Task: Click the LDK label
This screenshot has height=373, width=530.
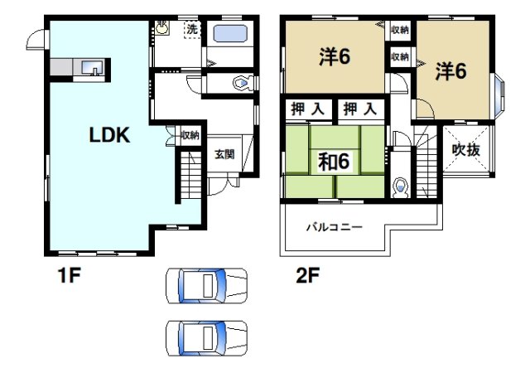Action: [x=110, y=136]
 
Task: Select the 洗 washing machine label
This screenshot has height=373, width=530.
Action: [x=191, y=29]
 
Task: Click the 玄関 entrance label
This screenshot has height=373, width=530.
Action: [x=224, y=153]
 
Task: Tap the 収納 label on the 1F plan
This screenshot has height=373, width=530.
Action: [x=190, y=134]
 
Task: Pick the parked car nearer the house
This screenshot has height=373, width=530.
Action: [x=206, y=286]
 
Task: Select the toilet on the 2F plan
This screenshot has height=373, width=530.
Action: [x=402, y=186]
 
